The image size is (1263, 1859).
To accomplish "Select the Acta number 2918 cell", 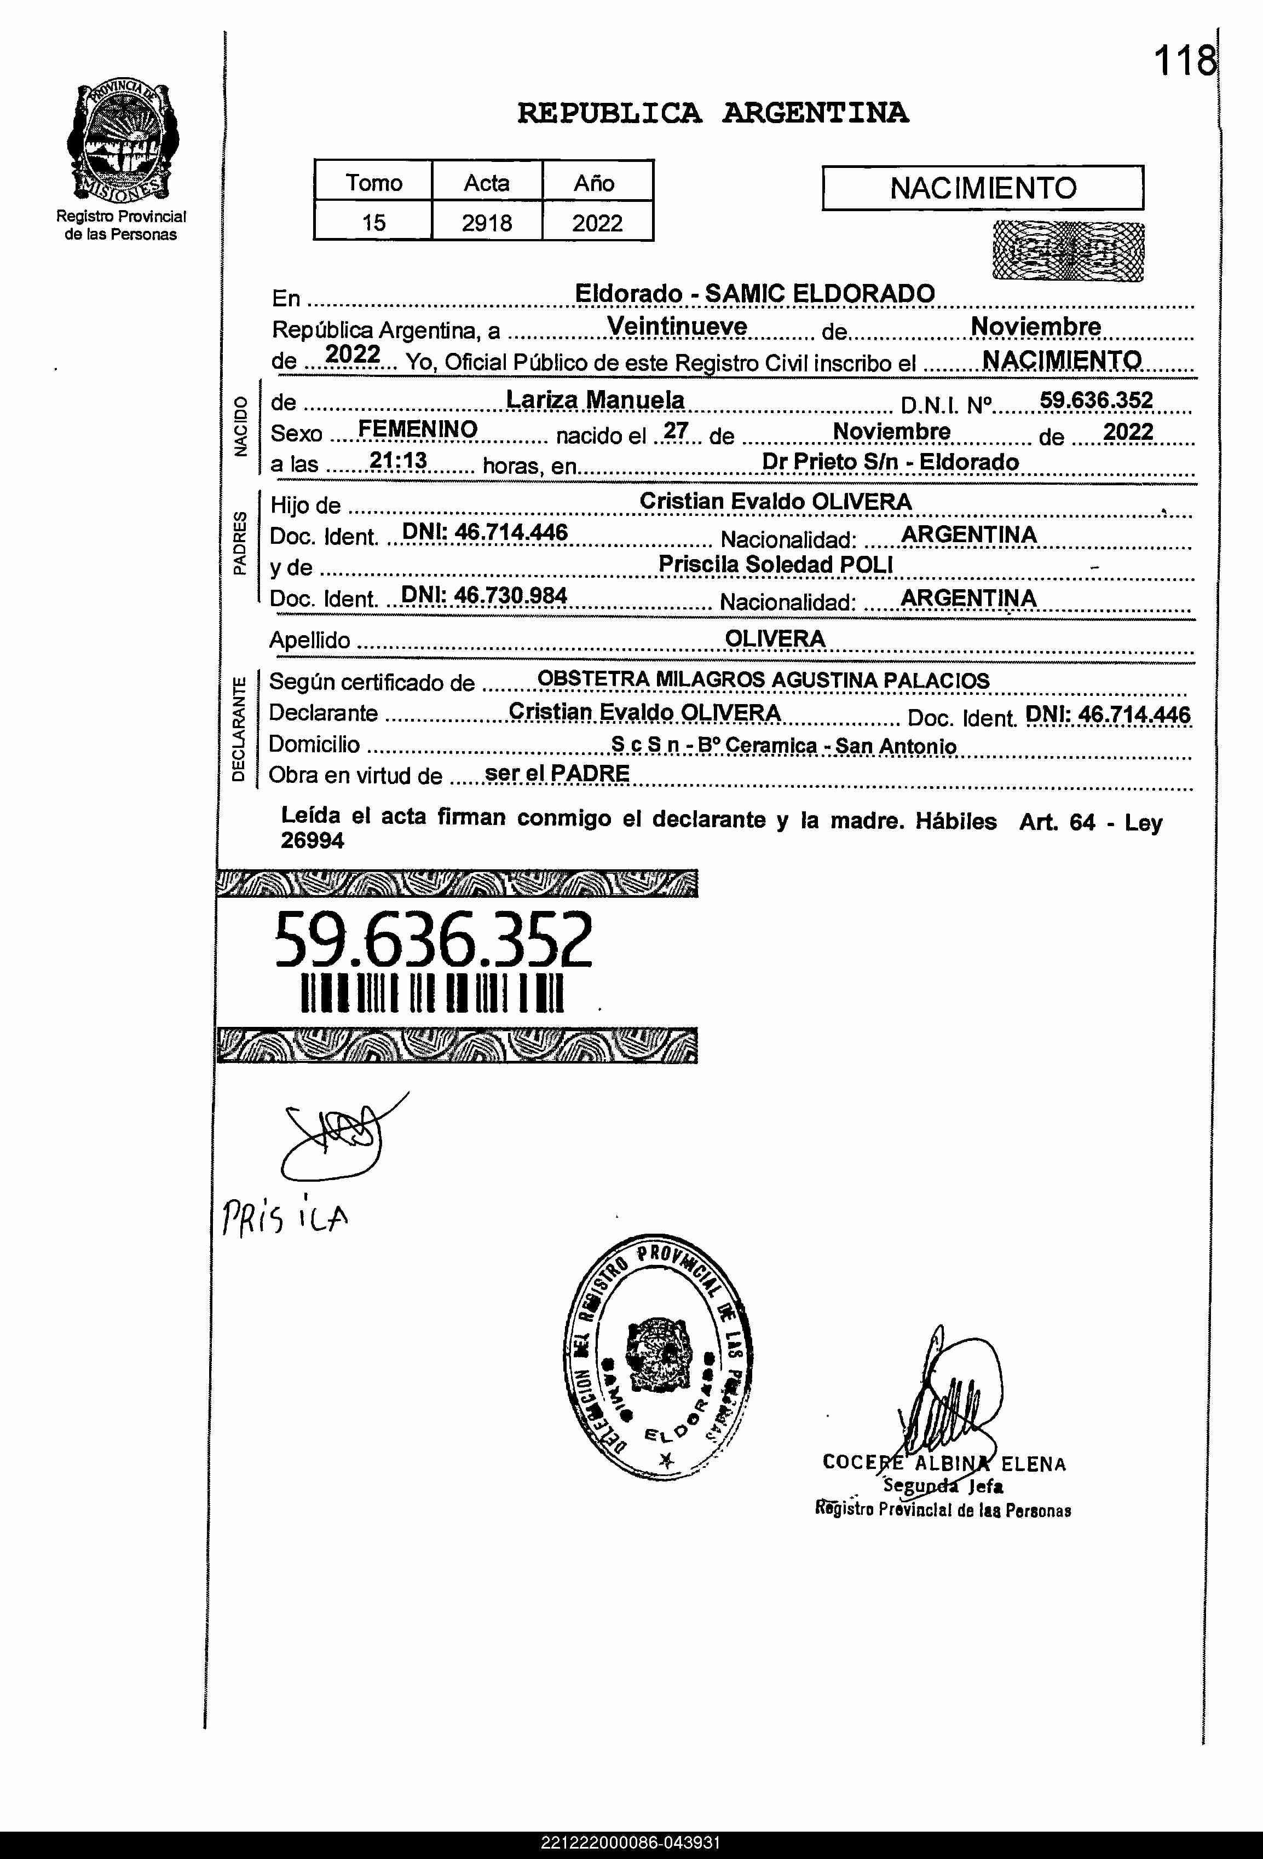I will tap(487, 222).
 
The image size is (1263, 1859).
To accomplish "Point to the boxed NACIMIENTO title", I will tap(982, 188).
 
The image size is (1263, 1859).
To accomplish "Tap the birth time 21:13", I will tap(398, 461).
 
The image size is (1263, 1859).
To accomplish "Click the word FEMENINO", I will tap(417, 429).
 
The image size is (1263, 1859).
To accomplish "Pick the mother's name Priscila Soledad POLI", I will tap(775, 564).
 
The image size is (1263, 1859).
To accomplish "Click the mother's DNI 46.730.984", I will tap(484, 596).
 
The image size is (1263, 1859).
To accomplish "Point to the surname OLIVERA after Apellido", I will tap(775, 638).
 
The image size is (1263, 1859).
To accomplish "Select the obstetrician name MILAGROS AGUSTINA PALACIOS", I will tap(822, 680).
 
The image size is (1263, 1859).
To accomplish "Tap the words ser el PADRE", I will tap(557, 774).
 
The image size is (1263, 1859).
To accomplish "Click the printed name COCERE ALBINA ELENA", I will tap(944, 1463).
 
